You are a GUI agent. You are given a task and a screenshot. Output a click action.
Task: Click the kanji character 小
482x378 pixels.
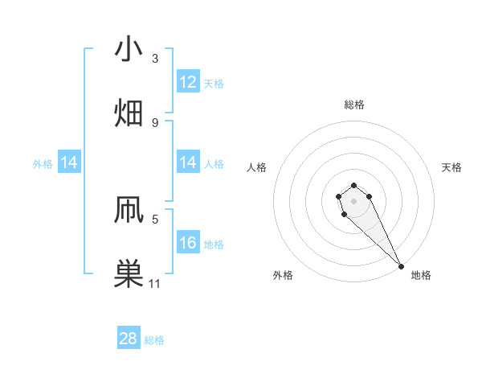129,50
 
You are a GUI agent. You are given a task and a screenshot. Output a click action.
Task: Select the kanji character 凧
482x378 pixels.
129,211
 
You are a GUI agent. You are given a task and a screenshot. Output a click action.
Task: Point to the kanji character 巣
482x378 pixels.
129,274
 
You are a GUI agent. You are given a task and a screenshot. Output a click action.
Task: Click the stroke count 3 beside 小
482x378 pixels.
155,58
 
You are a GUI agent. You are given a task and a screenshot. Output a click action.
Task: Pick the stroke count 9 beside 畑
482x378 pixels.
155,122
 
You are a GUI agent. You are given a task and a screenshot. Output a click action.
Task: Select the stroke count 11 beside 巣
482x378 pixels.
155,283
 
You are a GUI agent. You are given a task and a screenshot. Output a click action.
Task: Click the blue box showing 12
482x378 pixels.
188,82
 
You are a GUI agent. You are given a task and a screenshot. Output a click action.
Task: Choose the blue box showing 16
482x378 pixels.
188,243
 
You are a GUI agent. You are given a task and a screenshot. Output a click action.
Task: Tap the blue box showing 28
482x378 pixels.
129,339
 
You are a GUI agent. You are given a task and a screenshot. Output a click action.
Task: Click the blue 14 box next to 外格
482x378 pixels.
69,163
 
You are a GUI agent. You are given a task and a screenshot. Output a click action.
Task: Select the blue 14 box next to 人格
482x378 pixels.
188,162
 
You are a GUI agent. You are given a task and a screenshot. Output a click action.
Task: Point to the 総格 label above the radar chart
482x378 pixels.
354,105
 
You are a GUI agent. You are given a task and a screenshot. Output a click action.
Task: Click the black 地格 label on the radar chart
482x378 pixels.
421,275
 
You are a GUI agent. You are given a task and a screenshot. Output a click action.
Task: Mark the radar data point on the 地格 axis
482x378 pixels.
401,266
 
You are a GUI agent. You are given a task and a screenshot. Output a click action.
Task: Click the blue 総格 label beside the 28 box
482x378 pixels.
154,340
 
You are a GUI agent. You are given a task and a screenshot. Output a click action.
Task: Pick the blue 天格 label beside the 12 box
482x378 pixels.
214,83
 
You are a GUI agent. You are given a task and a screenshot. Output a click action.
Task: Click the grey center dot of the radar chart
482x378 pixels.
353,201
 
